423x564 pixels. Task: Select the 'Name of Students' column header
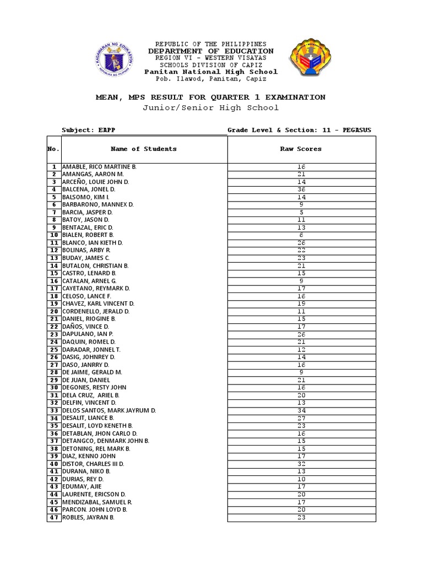click(144, 149)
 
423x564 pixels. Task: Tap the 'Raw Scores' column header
click(301, 149)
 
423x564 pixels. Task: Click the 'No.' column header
click(53, 149)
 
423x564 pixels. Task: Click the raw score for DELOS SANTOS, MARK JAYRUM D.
click(301, 410)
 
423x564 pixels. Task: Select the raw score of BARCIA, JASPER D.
click(301, 212)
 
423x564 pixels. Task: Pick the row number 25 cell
click(54, 349)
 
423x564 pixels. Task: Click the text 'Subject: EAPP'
click(89, 131)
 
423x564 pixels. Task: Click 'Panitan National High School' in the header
click(211, 72)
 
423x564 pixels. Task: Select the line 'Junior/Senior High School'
click(211, 108)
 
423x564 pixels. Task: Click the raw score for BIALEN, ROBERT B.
click(301, 235)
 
